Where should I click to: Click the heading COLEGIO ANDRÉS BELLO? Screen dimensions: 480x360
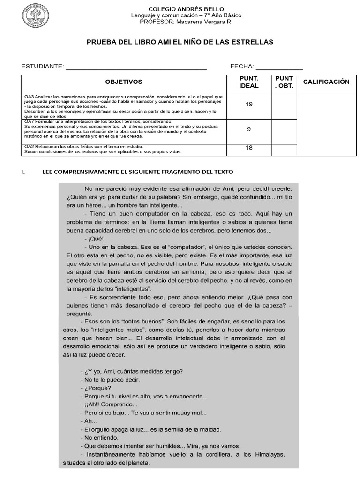(186, 9)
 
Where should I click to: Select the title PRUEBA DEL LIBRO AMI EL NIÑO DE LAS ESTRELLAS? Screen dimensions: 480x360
(180, 42)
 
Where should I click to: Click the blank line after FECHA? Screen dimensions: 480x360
(279, 67)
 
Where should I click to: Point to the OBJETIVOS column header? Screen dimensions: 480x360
(124, 82)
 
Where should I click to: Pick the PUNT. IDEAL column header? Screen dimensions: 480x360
(249, 82)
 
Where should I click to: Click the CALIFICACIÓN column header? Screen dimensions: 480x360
(326, 82)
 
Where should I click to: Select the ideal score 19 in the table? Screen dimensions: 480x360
(249, 104)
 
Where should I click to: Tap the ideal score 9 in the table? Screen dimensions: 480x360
(249, 129)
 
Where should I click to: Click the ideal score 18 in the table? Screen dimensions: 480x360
(249, 148)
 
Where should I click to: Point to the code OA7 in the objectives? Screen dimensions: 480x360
(29, 122)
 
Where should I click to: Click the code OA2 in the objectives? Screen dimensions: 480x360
(29, 147)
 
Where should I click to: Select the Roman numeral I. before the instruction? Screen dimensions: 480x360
(23, 172)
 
